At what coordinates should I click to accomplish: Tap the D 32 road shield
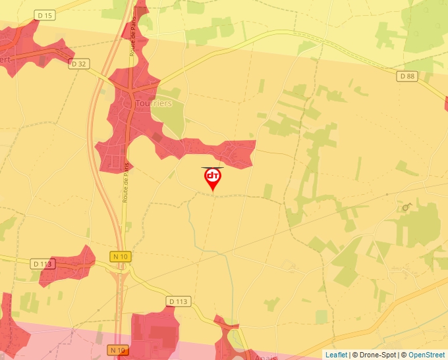tap(78, 63)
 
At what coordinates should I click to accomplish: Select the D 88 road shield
tap(407, 76)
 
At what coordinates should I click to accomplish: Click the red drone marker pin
tap(212, 177)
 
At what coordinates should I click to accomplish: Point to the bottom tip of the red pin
tap(212, 192)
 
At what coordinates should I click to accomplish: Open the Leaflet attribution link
tap(336, 355)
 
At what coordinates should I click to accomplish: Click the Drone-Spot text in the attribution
tap(376, 355)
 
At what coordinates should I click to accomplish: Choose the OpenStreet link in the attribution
tap(426, 355)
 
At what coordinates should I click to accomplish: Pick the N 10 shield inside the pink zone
tap(118, 349)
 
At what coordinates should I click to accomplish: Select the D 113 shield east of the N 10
tap(178, 301)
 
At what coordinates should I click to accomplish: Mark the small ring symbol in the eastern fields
tap(405, 207)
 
